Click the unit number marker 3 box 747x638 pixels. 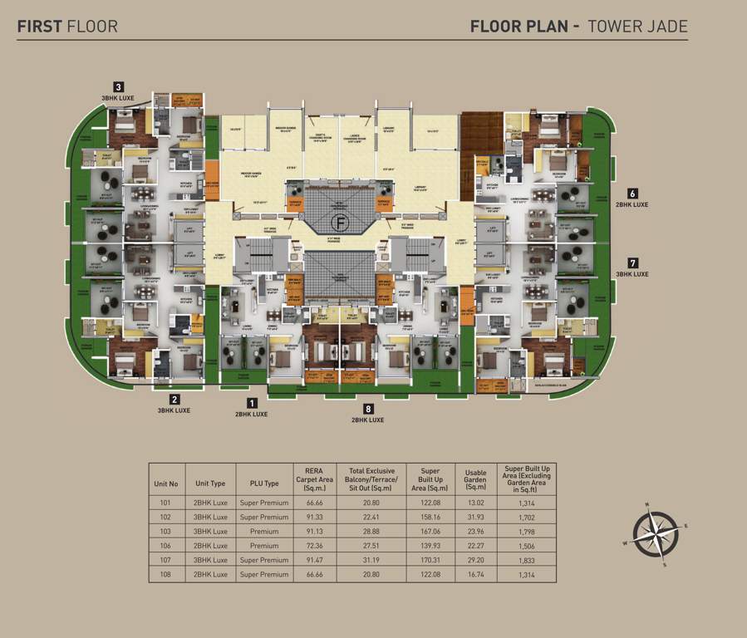[119, 86]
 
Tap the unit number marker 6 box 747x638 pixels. [632, 193]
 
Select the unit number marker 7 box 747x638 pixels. [632, 263]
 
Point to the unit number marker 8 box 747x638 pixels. [368, 409]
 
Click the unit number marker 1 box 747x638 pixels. [252, 402]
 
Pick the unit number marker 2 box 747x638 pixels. [174, 400]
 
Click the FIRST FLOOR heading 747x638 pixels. [67, 26]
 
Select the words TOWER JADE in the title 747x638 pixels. [637, 26]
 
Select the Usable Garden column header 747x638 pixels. [476, 478]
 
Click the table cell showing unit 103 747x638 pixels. [166, 531]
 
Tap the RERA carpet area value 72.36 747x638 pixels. [313, 546]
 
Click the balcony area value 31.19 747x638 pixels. [373, 560]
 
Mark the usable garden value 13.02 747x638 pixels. [476, 503]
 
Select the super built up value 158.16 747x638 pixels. [429, 517]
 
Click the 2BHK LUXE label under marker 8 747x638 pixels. [367, 420]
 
